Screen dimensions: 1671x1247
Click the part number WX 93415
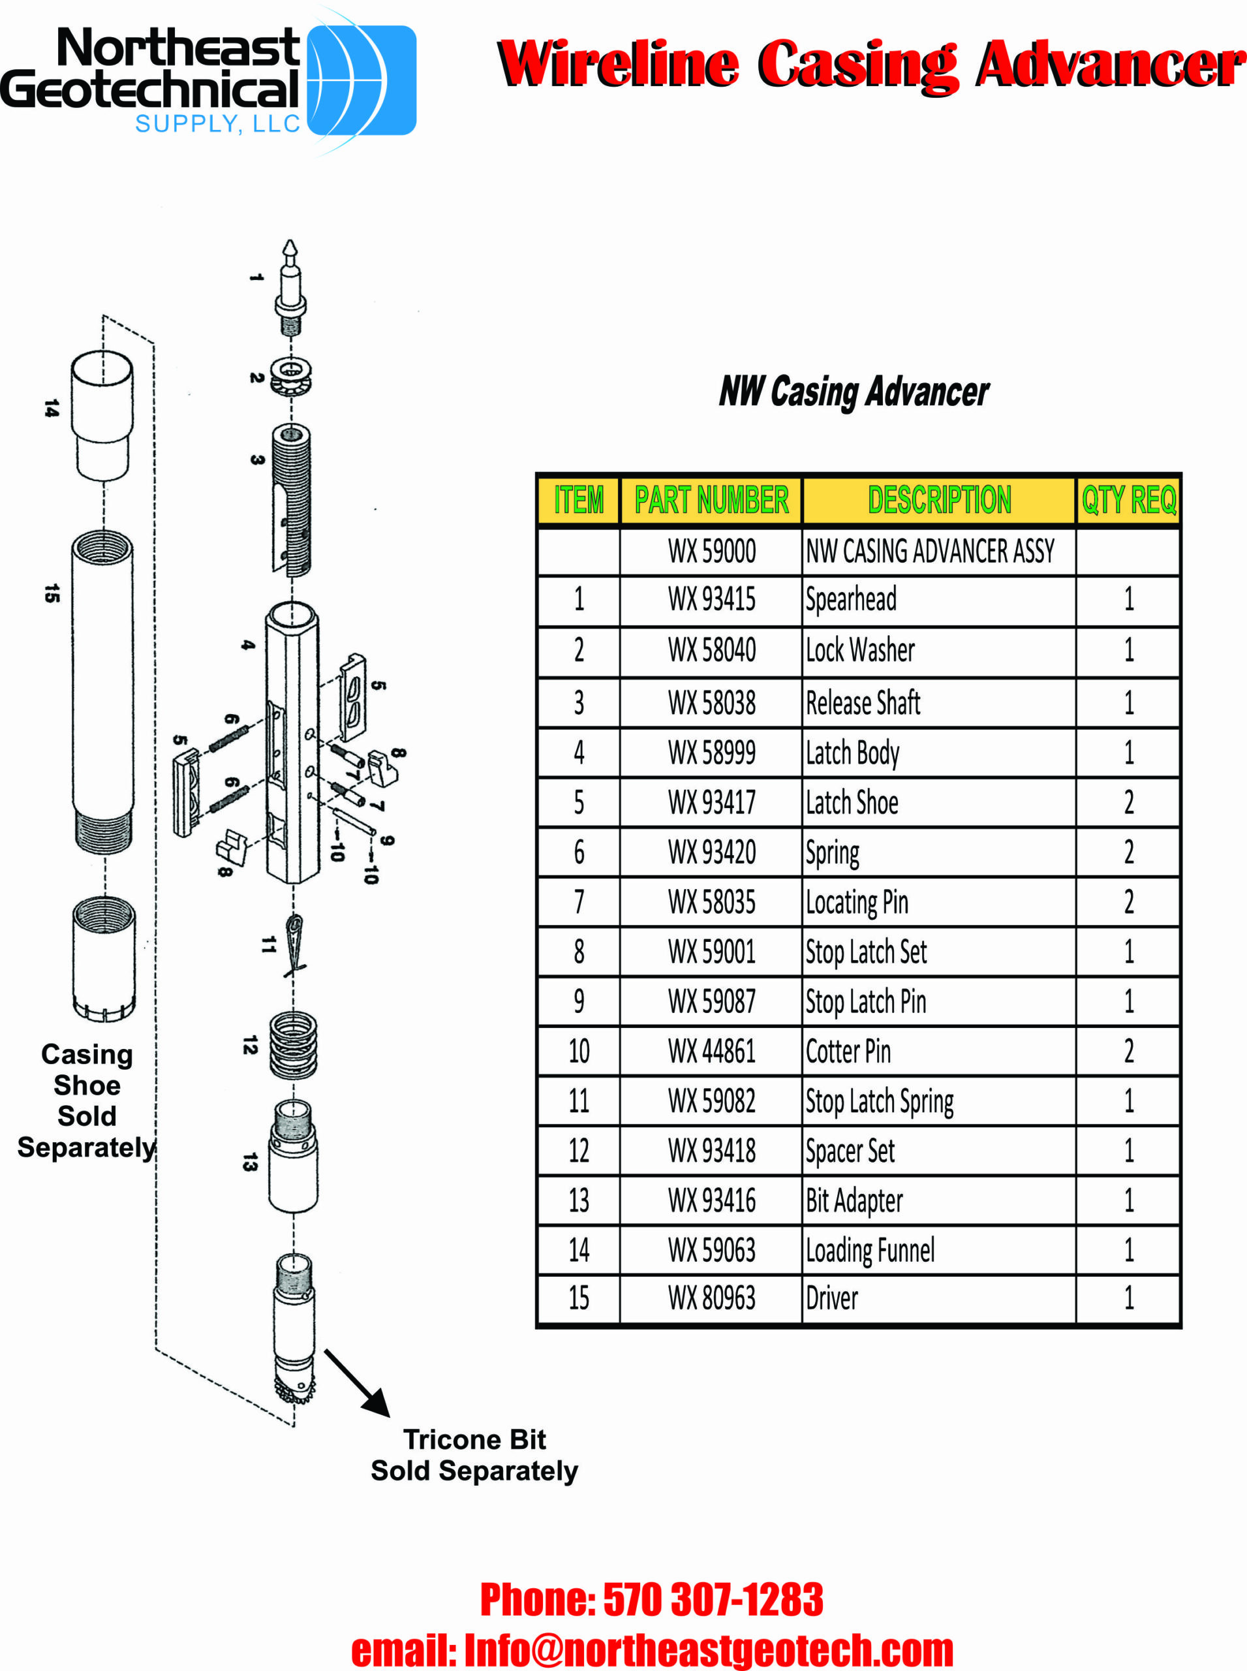click(711, 599)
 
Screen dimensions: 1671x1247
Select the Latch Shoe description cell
click(852, 802)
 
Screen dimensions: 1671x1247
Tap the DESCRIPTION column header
click(938, 500)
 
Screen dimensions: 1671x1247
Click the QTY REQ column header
click(1128, 500)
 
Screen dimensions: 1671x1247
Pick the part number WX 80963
click(711, 1298)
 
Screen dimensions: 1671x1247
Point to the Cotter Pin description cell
click(848, 1051)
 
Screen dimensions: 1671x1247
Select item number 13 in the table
click(578, 1200)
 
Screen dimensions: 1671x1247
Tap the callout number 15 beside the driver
click(52, 593)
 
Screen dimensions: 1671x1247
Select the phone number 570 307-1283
click(712, 1599)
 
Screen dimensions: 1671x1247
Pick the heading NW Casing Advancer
click(853, 391)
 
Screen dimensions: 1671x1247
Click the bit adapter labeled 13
click(293, 1155)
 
